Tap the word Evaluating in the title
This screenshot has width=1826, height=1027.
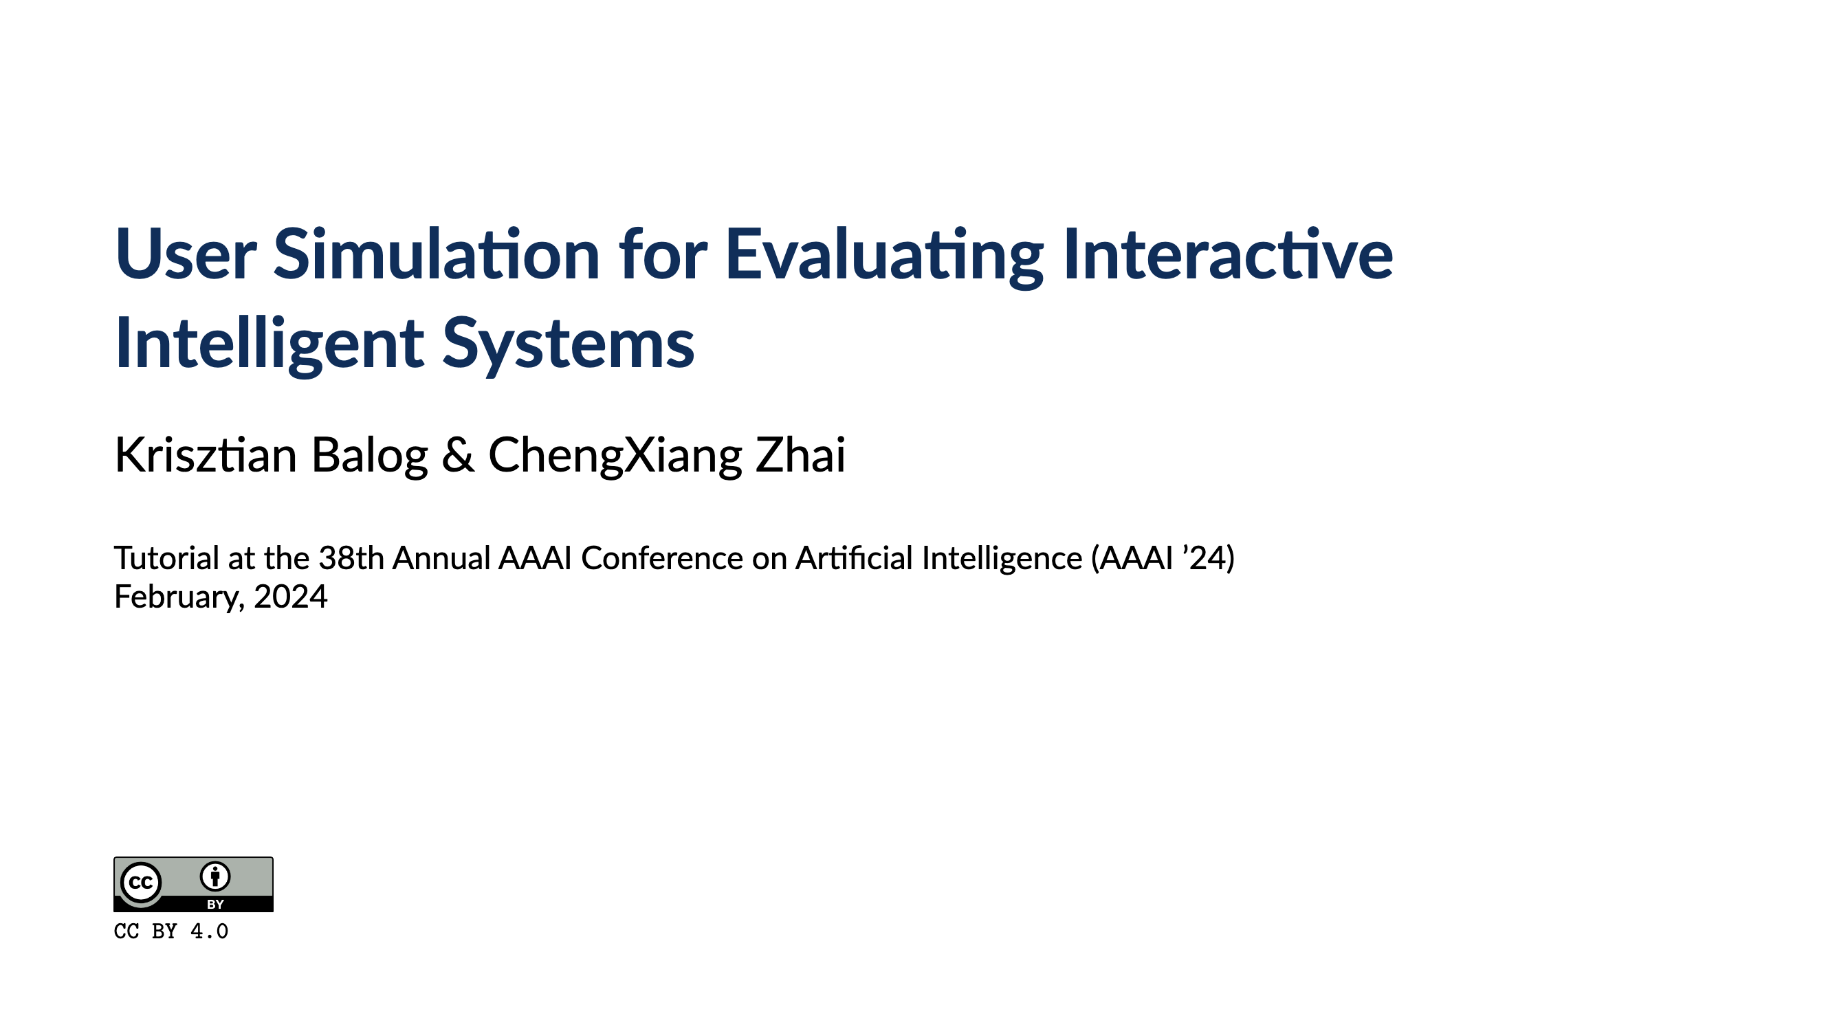point(884,255)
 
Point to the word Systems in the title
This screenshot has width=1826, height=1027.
point(568,344)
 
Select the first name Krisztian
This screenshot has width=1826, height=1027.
point(206,454)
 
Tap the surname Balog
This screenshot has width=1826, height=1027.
point(369,454)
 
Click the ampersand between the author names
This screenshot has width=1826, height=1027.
point(458,454)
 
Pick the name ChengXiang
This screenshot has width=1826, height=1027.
point(615,456)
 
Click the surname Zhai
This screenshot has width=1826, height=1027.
point(800,454)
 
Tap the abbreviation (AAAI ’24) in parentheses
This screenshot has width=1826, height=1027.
point(1163,557)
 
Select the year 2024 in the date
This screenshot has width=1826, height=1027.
point(291,596)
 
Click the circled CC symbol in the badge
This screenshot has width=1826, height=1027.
point(140,883)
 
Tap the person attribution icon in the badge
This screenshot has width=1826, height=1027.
point(214,876)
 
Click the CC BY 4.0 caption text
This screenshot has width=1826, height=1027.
point(170,931)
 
